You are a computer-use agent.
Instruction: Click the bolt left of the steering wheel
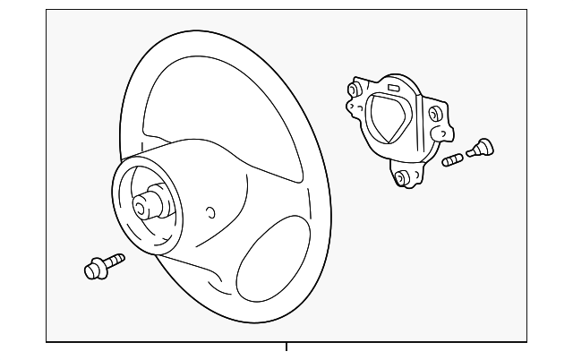click(102, 266)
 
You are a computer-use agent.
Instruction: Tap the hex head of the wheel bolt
click(93, 269)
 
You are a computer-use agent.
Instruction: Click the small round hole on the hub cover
click(210, 212)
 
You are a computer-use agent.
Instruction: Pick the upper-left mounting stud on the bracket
click(354, 90)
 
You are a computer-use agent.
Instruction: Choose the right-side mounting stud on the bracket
click(434, 114)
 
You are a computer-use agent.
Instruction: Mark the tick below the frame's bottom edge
click(286, 347)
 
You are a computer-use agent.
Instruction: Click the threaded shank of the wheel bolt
click(113, 261)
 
